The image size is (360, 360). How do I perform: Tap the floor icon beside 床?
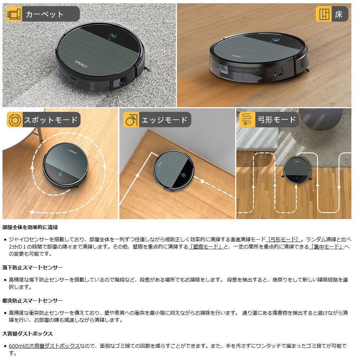tap(324, 14)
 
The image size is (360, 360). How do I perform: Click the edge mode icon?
tap(131, 120)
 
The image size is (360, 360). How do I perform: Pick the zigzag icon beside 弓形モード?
tap(247, 120)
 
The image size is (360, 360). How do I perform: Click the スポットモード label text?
tap(50, 120)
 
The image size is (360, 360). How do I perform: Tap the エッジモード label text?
tap(164, 120)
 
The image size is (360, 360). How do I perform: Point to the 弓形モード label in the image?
tap(276, 120)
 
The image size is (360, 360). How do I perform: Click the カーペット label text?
tap(45, 14)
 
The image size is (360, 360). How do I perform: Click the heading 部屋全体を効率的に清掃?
tap(30, 228)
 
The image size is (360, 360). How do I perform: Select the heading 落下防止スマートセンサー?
tap(32, 268)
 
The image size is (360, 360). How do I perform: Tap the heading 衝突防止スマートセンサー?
tap(32, 300)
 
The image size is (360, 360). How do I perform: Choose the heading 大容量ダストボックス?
tap(27, 333)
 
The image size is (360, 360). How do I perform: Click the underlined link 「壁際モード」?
tap(205, 246)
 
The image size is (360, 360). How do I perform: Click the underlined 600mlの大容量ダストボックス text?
tap(44, 346)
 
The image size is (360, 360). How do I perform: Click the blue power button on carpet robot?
tap(113, 36)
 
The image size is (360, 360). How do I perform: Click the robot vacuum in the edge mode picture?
tap(174, 170)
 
